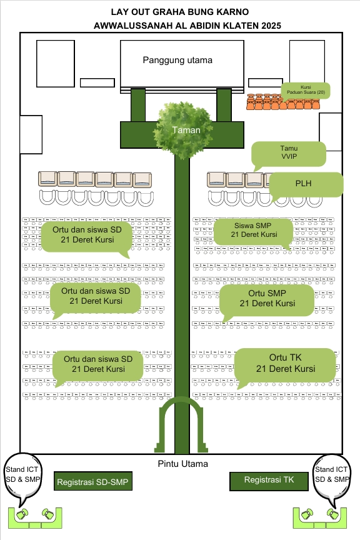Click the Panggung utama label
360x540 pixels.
coord(177,60)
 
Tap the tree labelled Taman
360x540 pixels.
coord(182,129)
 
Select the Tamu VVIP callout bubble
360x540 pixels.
coord(289,154)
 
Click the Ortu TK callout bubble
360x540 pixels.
coord(285,365)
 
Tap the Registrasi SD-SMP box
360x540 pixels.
coord(93,481)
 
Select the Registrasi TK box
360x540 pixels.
coord(269,481)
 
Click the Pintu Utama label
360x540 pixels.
coord(183,464)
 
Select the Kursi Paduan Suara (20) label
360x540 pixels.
coord(306,90)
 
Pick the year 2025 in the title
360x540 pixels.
coord(271,26)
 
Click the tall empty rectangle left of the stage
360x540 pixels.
coord(56,64)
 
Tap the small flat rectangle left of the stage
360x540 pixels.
coord(97,82)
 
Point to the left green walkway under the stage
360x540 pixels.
coord(138,105)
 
